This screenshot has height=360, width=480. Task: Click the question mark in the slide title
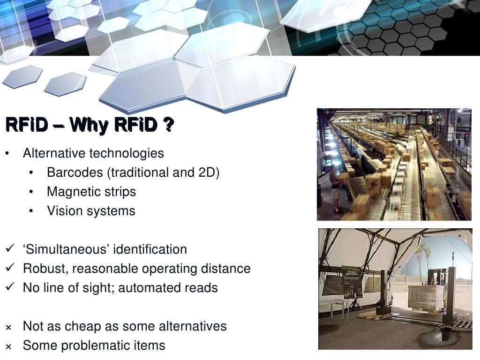coord(168,125)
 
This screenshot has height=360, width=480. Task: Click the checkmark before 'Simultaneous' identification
coord(11,249)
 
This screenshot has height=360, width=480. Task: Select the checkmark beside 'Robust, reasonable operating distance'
coord(11,269)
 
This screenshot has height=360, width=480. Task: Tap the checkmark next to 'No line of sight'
coord(11,288)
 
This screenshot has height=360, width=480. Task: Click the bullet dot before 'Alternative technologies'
coord(7,154)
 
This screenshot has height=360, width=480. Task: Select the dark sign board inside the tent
coord(352,281)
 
